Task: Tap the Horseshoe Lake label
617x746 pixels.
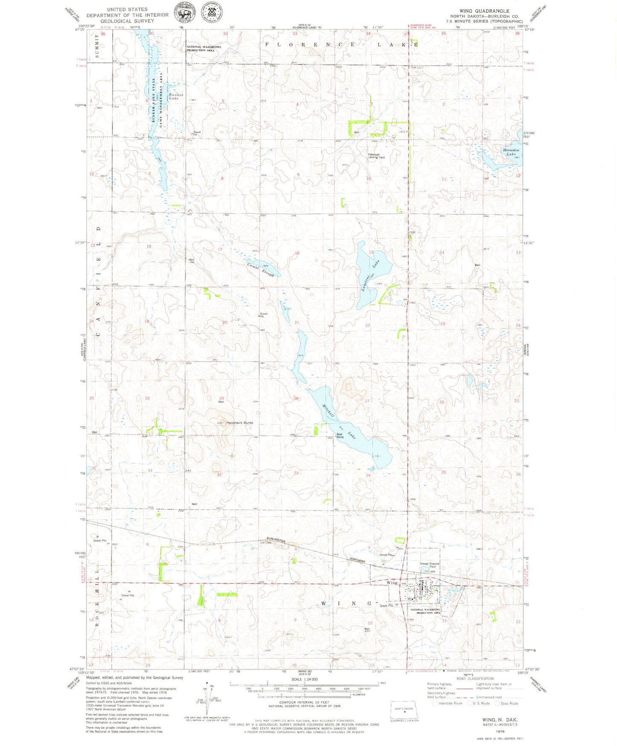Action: [x=511, y=152]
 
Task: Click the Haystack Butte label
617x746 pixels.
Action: [x=240, y=423]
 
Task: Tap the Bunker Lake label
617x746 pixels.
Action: [x=176, y=96]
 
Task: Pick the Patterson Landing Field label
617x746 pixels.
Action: [x=376, y=156]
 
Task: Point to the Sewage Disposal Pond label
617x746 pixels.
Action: [x=429, y=565]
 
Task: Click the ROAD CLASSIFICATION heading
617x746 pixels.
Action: [x=475, y=679]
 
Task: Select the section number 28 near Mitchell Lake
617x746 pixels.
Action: [x=296, y=399]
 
